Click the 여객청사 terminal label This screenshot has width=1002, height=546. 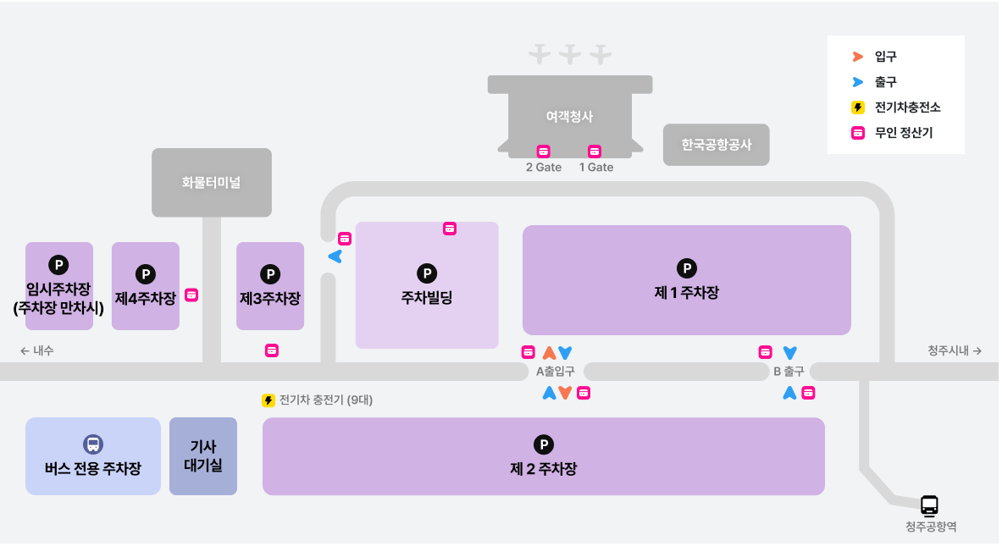569,117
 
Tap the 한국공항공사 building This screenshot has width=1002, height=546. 716,145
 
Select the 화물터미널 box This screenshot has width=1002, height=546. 211,182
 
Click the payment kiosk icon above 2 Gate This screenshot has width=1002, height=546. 544,152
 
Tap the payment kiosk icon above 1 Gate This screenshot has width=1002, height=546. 595,152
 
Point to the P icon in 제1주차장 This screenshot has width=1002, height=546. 687,269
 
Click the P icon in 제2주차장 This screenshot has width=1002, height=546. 543,444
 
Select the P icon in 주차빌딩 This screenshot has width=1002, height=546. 427,273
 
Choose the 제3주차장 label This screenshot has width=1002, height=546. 270,299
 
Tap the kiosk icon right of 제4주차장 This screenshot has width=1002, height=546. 192,295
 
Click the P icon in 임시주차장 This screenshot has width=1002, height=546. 58,265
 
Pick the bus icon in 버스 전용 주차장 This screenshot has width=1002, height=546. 93,444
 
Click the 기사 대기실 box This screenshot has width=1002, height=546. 203,455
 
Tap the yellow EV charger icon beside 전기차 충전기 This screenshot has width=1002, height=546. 268,400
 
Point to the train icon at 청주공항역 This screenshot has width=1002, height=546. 930,505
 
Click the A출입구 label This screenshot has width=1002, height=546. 556,372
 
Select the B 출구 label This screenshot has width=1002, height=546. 789,372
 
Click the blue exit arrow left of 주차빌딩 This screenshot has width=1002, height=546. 335,256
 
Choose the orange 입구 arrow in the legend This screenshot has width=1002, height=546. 858,57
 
